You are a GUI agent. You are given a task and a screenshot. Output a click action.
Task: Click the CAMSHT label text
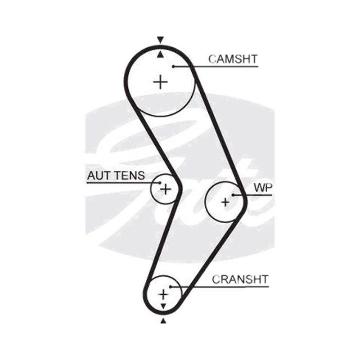pos(233,59)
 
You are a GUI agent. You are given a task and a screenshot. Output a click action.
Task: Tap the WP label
pos(263,188)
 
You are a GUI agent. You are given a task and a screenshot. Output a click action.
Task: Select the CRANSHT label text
pos(240,279)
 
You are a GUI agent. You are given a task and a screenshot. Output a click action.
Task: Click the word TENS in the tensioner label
pos(130,175)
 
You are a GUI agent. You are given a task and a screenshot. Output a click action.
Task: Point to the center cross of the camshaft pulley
pos(160,82)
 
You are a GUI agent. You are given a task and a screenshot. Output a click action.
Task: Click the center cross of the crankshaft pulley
pos(163,294)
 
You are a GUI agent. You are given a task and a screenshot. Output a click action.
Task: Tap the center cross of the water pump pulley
pos(225,202)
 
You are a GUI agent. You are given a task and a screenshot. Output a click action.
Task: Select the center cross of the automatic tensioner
pos(166,189)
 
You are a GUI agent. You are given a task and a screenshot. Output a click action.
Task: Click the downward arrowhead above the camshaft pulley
pos(160,40)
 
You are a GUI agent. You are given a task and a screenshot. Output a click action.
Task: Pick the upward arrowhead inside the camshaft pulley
pos(161,54)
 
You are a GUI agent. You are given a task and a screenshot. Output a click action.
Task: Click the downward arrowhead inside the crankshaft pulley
pos(163,306)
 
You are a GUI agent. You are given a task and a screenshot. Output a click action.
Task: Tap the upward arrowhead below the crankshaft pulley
pos(163,321)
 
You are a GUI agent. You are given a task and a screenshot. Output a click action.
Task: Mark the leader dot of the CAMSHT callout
pos(174,67)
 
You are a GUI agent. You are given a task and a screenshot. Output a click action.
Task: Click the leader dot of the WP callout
pos(233,195)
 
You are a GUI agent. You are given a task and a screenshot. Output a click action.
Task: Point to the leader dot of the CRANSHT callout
pos(171,287)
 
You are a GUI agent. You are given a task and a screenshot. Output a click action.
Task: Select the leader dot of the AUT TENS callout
pos(160,183)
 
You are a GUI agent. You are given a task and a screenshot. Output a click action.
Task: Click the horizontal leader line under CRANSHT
pos(220,287)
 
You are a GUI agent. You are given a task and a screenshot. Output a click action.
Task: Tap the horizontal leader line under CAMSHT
pos(216,67)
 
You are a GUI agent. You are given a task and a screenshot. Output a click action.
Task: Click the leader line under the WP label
pos(252,195)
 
